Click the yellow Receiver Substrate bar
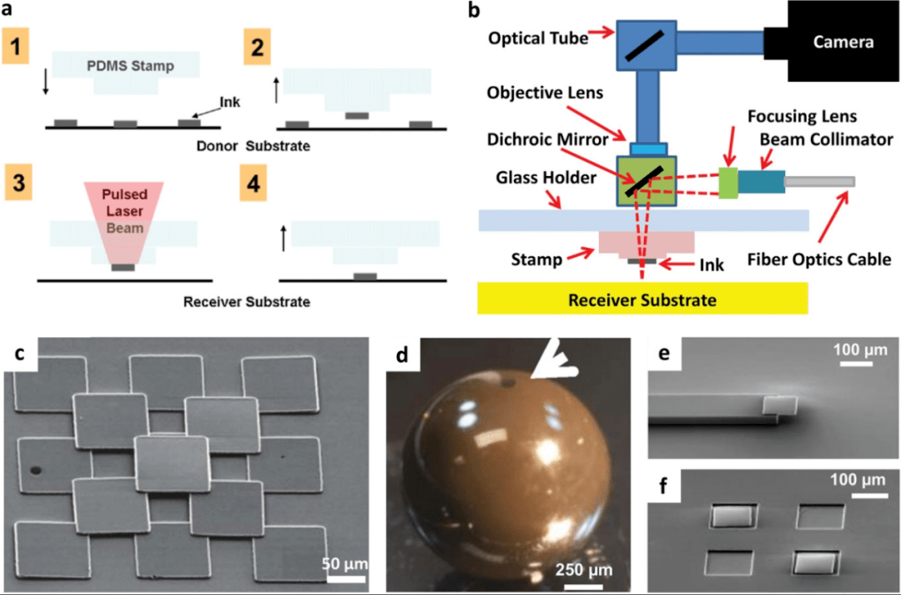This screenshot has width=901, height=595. click(x=642, y=298)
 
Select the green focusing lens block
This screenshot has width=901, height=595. click(x=727, y=183)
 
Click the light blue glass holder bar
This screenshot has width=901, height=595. click(x=643, y=219)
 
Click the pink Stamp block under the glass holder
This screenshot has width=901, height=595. click(x=647, y=241)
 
